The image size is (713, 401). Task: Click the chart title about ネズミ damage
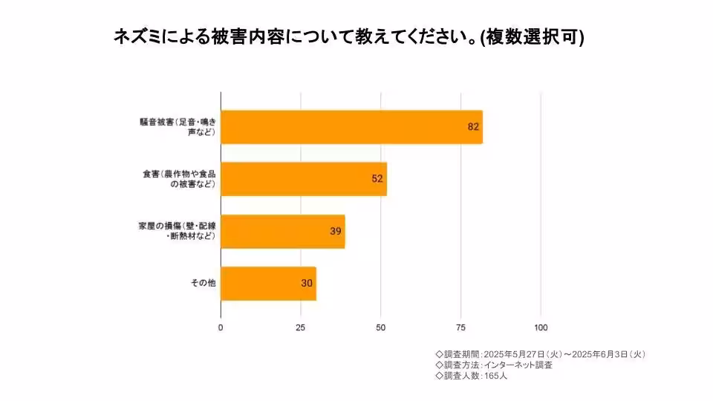point(348,36)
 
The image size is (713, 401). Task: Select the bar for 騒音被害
point(351,127)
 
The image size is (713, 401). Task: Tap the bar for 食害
point(304,179)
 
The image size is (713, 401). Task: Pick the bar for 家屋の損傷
point(283,231)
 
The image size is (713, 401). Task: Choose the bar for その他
point(268,284)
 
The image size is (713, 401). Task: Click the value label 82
point(473,127)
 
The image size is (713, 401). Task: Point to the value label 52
point(377,179)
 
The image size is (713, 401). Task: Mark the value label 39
point(336,231)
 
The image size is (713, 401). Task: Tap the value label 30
point(307,284)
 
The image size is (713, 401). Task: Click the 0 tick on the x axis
point(221,327)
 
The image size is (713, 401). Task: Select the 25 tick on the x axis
point(301,327)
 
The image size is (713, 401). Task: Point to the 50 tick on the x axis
point(381,327)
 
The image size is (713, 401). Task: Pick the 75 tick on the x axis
point(460,327)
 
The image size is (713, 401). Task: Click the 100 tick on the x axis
point(541,327)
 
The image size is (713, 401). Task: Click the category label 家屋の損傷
point(176,231)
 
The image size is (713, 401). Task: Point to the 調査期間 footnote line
point(539,354)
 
